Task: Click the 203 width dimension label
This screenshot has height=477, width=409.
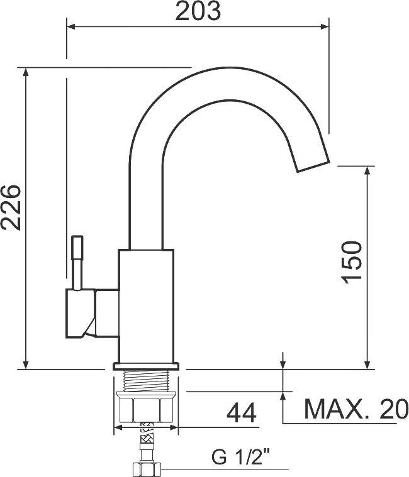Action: coord(198,11)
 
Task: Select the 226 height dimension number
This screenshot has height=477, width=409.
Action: coord(11,207)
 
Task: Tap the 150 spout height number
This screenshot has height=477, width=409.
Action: coord(352,262)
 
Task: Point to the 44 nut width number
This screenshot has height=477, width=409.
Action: coord(242,413)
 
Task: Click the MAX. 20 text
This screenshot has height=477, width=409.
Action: coord(356,408)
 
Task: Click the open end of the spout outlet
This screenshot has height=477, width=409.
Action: coord(313,167)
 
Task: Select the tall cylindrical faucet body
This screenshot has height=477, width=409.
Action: coord(146,306)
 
